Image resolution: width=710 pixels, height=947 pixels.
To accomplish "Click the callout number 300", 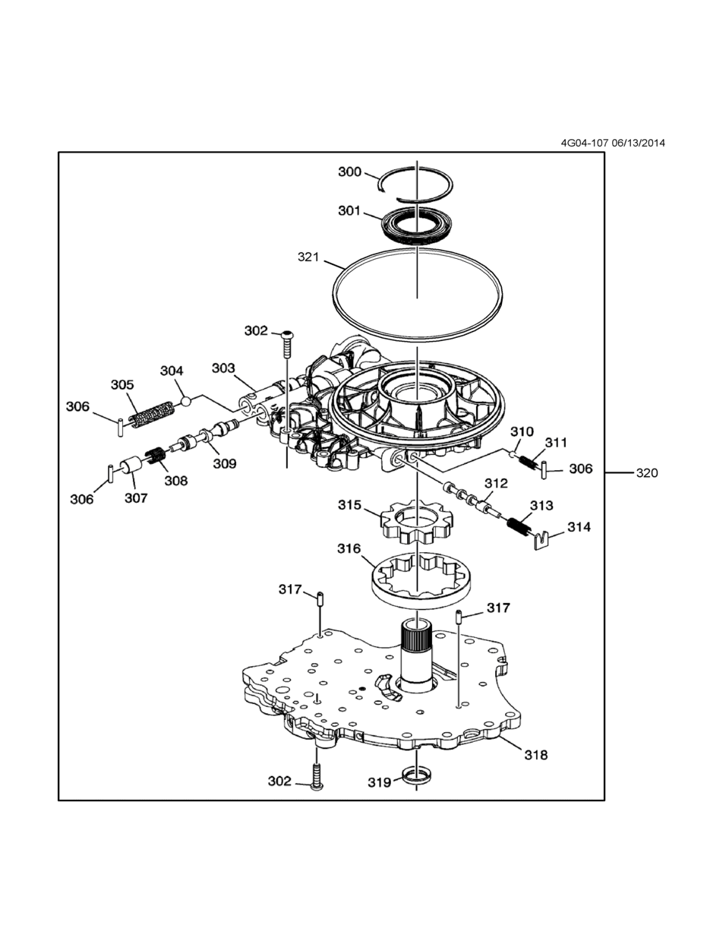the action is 349,172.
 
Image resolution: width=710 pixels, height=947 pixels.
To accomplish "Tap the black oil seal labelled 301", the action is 417,226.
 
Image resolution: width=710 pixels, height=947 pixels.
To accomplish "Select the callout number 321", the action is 308,257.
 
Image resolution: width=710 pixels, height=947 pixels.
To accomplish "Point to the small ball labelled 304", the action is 186,401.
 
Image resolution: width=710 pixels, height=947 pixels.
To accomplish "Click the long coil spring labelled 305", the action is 151,415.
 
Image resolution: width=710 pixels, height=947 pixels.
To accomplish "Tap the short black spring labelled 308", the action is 156,456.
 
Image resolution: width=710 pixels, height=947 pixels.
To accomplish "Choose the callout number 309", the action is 225,463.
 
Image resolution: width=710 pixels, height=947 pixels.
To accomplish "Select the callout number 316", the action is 349,549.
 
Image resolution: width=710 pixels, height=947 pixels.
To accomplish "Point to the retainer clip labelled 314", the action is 540,541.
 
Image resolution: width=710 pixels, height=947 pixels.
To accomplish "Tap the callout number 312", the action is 496,483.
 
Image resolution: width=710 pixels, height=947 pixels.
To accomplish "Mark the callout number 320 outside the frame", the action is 647,473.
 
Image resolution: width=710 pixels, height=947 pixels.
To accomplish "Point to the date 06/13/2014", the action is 639,143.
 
